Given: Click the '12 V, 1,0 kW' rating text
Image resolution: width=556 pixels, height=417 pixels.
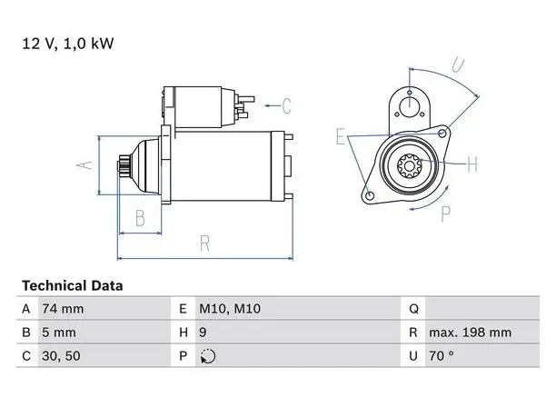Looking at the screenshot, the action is [x=68, y=44].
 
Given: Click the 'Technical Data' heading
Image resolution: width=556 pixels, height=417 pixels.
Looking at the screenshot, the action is [x=73, y=286].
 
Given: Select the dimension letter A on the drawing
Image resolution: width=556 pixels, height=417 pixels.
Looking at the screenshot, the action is [x=84, y=165].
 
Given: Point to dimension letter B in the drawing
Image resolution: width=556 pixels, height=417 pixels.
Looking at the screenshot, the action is [x=141, y=218].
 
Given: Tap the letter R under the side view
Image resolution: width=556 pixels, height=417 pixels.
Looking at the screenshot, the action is [x=205, y=243].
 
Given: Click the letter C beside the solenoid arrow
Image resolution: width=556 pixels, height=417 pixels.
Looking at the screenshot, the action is [x=286, y=105].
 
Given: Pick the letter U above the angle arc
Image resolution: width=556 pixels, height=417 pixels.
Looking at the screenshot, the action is [x=458, y=65].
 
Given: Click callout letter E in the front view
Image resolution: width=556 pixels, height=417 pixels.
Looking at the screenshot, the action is [x=341, y=136].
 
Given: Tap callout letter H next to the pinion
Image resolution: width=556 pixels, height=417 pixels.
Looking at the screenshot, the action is [x=472, y=164].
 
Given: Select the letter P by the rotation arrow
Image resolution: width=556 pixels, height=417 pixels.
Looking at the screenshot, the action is [x=446, y=213].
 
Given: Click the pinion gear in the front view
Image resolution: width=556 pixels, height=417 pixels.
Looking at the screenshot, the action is [x=410, y=166].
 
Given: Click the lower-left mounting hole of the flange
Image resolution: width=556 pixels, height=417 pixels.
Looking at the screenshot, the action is [x=370, y=195].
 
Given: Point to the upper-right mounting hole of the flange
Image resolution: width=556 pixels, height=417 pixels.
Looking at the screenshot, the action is [x=442, y=134].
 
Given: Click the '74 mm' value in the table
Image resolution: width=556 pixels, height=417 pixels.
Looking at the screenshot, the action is [x=63, y=309].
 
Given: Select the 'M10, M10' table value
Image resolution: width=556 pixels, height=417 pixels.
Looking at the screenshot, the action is [x=230, y=309].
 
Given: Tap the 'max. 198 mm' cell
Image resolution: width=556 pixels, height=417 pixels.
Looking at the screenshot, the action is [x=471, y=333].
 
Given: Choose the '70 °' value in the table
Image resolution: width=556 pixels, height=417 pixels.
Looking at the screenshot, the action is [x=442, y=355].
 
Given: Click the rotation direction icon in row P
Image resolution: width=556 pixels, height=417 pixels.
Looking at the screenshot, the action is [x=208, y=356].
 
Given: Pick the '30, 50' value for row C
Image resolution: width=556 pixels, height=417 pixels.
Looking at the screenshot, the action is [x=61, y=356].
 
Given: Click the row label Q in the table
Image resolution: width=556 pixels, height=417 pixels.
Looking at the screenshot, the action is [x=413, y=309].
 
